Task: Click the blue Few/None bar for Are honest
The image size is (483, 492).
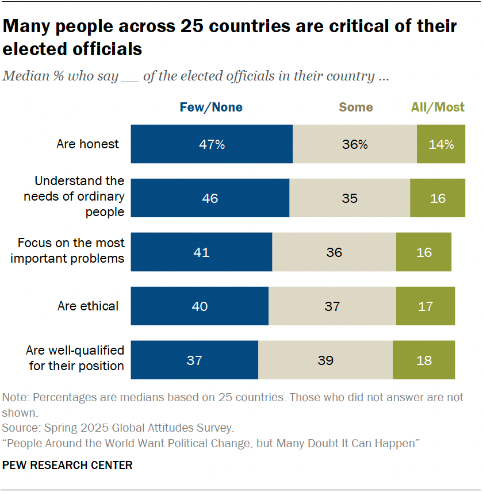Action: [212, 144]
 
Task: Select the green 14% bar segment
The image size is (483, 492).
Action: [440, 144]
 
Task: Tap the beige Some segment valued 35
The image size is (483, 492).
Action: [350, 198]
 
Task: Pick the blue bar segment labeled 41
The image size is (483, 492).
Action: [201, 252]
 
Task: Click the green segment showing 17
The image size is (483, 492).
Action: [425, 306]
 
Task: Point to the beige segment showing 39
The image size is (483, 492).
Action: [325, 360]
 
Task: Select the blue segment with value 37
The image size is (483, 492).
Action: [194, 360]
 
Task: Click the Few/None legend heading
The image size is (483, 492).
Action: [211, 107]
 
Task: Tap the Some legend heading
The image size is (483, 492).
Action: [355, 107]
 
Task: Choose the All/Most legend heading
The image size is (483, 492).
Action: [438, 107]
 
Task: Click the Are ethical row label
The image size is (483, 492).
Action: [88, 306]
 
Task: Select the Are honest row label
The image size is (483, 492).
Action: [88, 144]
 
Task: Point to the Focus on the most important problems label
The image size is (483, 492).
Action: [71, 251]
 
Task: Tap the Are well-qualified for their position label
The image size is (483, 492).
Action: [76, 358]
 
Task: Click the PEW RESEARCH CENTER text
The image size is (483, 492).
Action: [68, 465]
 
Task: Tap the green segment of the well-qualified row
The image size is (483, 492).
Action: [424, 360]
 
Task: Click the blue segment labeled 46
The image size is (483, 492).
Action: [210, 198]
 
